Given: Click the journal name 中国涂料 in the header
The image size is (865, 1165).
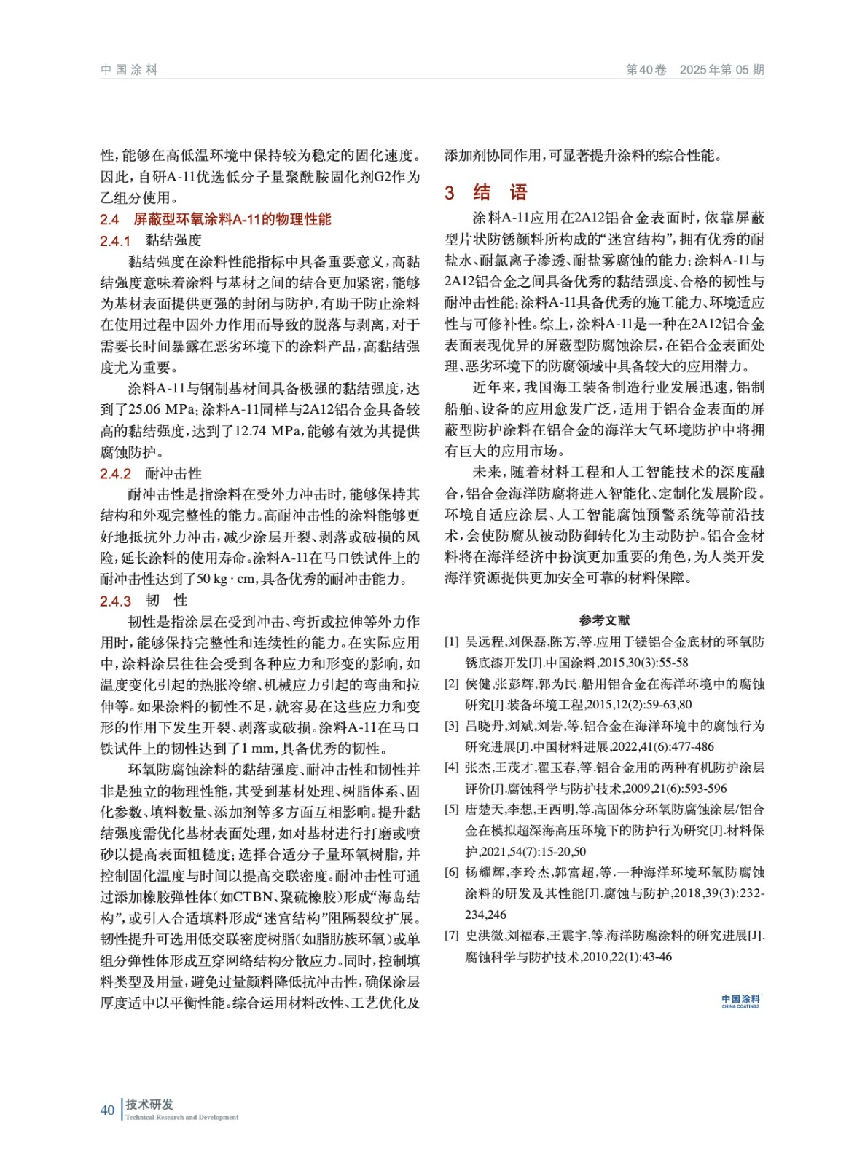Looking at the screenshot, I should tap(129, 70).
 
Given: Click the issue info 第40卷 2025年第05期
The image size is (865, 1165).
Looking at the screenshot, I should tap(694, 70).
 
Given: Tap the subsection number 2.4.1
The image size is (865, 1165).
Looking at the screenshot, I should tap(115, 241).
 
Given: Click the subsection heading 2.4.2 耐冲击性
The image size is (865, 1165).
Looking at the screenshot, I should tap(151, 474).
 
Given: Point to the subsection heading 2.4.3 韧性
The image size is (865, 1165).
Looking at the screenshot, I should tap(144, 601).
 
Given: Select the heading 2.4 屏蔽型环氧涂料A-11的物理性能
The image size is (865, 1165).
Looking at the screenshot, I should tap(216, 219).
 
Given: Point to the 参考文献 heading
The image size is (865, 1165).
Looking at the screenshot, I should tap(604, 620).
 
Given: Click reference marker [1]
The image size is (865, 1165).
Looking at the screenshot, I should tap(452, 642).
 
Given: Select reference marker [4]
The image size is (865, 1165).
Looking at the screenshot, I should tap(452, 767).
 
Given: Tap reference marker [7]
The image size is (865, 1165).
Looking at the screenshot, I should tap(452, 936).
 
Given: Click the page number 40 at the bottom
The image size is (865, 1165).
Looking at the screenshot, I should tap(108, 1110).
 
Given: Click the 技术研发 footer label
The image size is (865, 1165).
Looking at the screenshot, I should tap(149, 1105).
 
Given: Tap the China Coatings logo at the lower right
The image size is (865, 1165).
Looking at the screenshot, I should tap(740, 1001).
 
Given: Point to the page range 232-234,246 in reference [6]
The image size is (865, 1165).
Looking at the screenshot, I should tap(735, 893).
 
